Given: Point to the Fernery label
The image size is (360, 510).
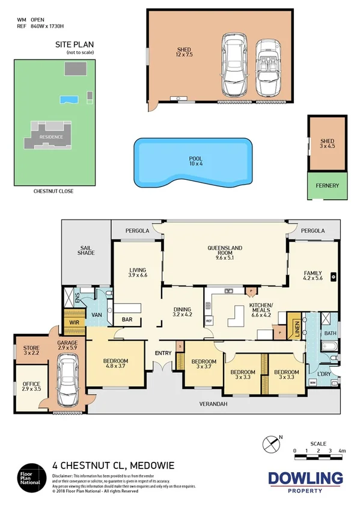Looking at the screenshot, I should click(x=327, y=186).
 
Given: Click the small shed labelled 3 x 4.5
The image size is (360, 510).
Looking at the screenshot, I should click(x=327, y=144).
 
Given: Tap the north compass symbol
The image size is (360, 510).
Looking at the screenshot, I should click(x=271, y=444).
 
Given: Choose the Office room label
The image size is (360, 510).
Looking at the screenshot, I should click(x=31, y=386).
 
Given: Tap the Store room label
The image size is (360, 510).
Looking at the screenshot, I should click(x=31, y=351).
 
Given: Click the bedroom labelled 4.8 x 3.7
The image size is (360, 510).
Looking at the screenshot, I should click(x=115, y=364).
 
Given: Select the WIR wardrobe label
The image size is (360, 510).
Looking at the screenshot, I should click(x=75, y=322).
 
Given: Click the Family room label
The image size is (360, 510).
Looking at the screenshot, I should click(x=313, y=276).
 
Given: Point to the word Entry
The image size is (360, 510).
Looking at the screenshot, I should click(x=163, y=353).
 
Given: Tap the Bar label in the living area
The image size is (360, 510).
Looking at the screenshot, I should click(x=127, y=320).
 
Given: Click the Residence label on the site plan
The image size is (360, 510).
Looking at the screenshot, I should click(x=51, y=137).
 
